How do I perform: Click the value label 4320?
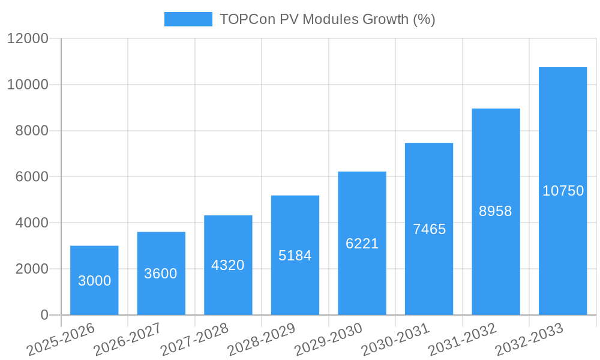pyautogui.click(x=228, y=265)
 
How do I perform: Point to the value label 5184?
pyautogui.click(x=295, y=256)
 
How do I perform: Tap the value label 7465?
pyautogui.click(x=429, y=229)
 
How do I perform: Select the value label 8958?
pyautogui.click(x=496, y=211)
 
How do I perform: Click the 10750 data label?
pyautogui.click(x=563, y=191)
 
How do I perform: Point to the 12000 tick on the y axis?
pyautogui.click(x=28, y=39)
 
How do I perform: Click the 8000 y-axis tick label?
pyautogui.click(x=31, y=131)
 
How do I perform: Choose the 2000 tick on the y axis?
pyautogui.click(x=31, y=269)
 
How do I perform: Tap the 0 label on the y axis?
pyautogui.click(x=44, y=315)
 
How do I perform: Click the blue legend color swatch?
pyautogui.click(x=188, y=19)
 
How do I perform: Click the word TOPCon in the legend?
pyautogui.click(x=244, y=19)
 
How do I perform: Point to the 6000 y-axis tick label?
pyautogui.click(x=31, y=177)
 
